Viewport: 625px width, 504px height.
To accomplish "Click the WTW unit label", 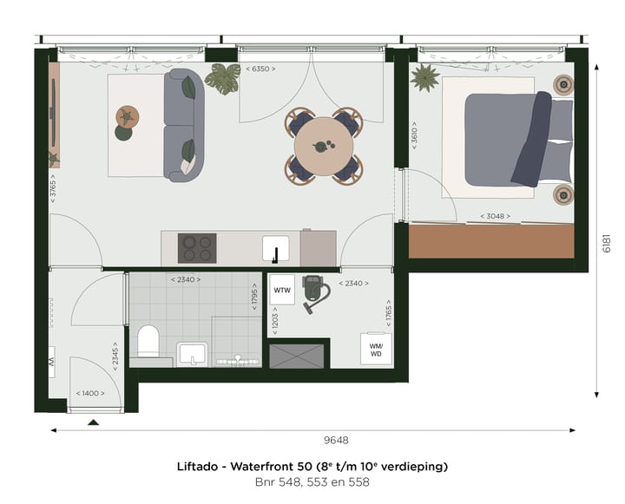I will [x=282, y=290].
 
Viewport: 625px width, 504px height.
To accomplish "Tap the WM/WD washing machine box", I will [x=377, y=348].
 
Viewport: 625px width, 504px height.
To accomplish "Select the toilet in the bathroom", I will [x=147, y=341].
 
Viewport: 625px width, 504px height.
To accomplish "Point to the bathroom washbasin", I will [x=191, y=354].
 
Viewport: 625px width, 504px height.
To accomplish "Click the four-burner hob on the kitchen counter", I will [x=197, y=248].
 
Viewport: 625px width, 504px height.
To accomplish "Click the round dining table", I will [x=323, y=147].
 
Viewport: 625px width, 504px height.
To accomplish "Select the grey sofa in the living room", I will [x=183, y=125].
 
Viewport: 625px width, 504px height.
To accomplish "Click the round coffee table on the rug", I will [x=127, y=115].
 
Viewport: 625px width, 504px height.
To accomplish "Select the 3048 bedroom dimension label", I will [x=496, y=216].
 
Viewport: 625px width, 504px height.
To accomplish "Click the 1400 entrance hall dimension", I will [x=90, y=393].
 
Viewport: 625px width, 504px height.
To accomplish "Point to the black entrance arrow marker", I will [x=94, y=422].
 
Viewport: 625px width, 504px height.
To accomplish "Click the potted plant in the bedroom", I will [x=426, y=79].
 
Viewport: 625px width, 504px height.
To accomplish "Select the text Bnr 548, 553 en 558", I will [x=312, y=482].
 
